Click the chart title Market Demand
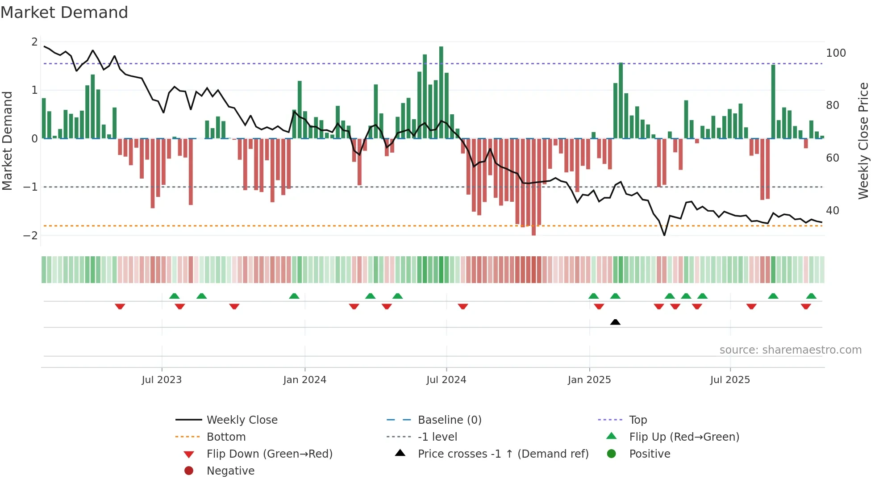point(64,13)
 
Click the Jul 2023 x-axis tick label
point(162,380)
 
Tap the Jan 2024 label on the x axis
point(304,380)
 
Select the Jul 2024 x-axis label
point(446,380)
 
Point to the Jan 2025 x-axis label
point(589,380)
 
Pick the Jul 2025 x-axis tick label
point(730,380)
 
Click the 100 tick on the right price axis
point(836,53)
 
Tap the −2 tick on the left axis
point(31,236)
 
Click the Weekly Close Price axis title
point(863,141)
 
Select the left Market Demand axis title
point(7,141)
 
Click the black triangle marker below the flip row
point(615,322)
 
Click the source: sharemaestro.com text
point(790,350)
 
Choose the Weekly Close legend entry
point(242,420)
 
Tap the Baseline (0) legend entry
point(449,420)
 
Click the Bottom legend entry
point(226,437)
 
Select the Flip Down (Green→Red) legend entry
point(269,454)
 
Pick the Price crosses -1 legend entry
point(503,454)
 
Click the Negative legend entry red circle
point(189,471)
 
